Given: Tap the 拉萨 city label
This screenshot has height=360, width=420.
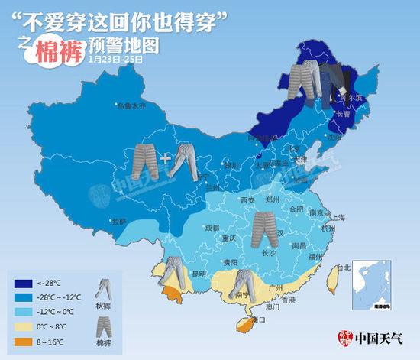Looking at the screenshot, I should [118, 222].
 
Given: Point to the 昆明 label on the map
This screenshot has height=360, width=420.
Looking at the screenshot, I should [199, 273].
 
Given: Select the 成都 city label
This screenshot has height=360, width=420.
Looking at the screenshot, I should [212, 227].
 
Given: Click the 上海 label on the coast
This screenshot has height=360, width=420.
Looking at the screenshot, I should [338, 216].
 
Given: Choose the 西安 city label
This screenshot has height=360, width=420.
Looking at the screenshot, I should [247, 200].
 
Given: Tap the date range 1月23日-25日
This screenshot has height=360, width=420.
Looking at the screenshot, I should [116, 59].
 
